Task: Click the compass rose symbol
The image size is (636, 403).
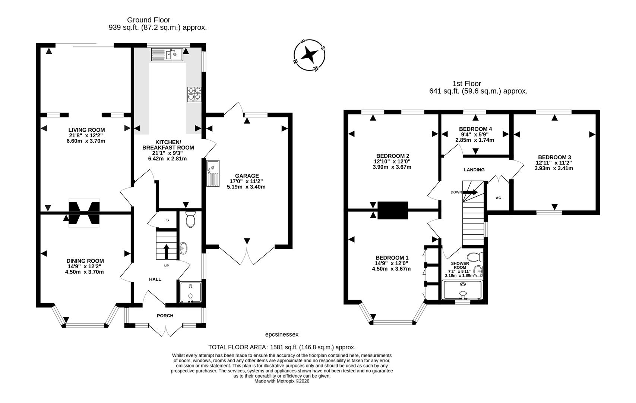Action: (309, 55)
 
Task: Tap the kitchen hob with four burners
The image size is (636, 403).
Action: (194, 94)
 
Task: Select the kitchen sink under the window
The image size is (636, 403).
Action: (167, 55)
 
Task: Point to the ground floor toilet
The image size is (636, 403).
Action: (190, 219)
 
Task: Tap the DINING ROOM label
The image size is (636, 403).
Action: (85, 261)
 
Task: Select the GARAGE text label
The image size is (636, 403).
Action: (247, 176)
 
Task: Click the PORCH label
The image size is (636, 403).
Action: (165, 316)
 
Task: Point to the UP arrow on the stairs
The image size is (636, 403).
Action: (166, 251)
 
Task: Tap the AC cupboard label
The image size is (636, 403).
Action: (498, 198)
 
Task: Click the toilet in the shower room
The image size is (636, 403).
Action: (475, 257)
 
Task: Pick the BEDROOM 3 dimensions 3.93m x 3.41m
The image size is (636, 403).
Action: (554, 168)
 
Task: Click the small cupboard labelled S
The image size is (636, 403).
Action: (167, 220)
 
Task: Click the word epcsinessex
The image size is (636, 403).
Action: (281, 335)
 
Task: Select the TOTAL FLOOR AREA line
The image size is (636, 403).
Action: (282, 347)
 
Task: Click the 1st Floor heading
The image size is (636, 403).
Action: (466, 84)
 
